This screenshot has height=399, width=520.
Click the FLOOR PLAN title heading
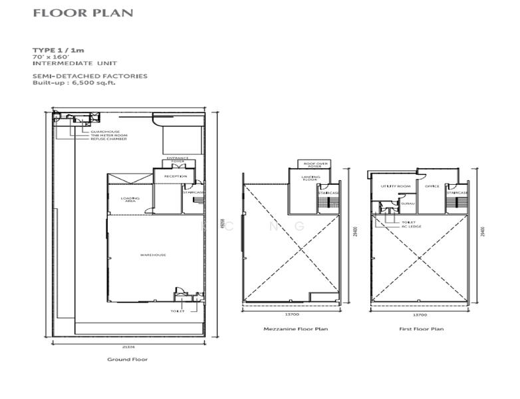[82, 13]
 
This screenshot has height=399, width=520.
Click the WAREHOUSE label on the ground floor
[152, 255]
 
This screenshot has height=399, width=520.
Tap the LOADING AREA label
[130, 200]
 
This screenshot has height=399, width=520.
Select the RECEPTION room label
[174, 177]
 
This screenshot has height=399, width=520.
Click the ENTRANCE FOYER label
[178, 160]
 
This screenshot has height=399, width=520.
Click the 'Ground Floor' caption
[128, 359]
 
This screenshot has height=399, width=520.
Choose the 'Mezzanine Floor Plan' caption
[287, 329]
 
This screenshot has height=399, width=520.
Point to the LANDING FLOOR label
[311, 178]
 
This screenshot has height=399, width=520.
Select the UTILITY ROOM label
[392, 186]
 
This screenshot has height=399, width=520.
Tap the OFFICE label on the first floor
[432, 186]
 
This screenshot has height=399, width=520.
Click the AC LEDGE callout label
[411, 227]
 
